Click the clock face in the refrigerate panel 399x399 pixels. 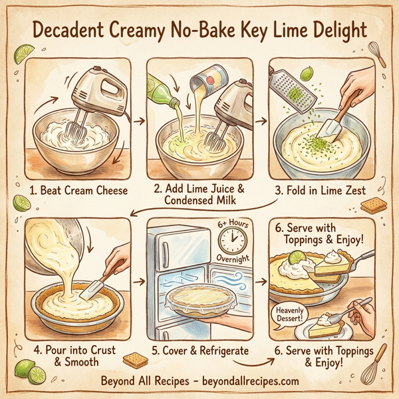pyautogui.click(x=230, y=239)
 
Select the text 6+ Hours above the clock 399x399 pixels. pyautogui.click(x=232, y=225)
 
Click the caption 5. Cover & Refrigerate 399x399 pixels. pyautogui.click(x=199, y=350)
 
